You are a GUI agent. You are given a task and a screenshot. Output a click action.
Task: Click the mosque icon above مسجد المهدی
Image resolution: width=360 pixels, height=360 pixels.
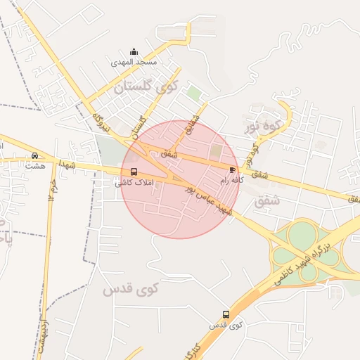click(134, 51)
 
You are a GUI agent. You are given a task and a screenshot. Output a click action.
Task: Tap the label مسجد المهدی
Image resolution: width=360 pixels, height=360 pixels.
click(134, 62)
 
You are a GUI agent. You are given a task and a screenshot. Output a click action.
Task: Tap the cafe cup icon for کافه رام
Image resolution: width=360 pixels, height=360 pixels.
click(232, 170)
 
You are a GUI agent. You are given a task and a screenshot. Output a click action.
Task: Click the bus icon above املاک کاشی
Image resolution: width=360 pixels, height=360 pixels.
click(134, 172)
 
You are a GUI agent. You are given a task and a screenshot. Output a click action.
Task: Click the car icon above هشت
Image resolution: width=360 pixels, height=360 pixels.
click(34, 155)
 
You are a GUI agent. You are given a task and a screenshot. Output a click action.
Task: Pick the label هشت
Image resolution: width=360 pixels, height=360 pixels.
click(34, 166)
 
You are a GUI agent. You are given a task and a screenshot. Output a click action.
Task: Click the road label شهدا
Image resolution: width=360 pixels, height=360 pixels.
click(67, 164)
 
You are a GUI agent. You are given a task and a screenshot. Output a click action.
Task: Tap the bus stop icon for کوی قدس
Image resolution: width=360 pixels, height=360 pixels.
click(226, 314)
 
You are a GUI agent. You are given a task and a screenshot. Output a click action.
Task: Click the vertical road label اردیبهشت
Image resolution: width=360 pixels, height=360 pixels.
click(44, 336)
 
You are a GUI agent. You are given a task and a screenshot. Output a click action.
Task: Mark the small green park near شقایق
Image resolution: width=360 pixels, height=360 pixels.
click(195, 93)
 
